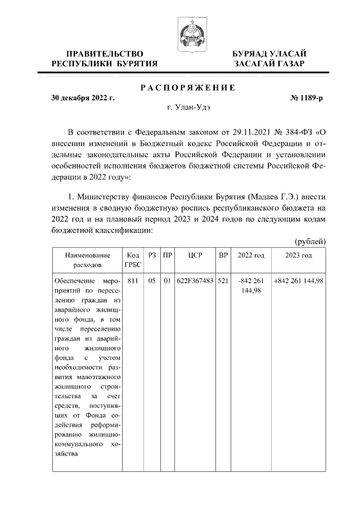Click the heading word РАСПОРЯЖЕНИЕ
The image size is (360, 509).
[187, 88]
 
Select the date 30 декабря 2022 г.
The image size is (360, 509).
[83, 98]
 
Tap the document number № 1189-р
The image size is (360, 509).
[307, 98]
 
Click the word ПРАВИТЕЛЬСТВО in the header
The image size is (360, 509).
[101, 53]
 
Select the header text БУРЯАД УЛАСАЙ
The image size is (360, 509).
[269, 53]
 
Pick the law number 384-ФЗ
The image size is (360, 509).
[298, 133]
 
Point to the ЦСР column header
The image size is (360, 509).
[195, 255]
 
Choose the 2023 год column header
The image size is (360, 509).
[299, 255]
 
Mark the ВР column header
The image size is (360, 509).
[223, 255]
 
